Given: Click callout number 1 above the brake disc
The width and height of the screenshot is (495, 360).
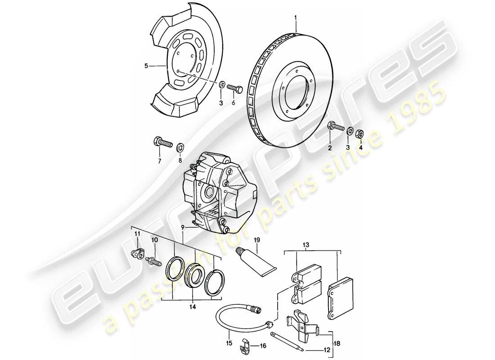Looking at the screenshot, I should click(x=296, y=18).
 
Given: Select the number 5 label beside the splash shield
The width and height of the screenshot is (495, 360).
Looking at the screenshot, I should click(x=146, y=66).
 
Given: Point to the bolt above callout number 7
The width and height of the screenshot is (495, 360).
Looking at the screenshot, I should click(x=163, y=144).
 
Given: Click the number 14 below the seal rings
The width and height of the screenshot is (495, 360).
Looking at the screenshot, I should click(x=192, y=307).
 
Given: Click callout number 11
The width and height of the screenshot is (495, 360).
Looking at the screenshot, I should click(x=138, y=234).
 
